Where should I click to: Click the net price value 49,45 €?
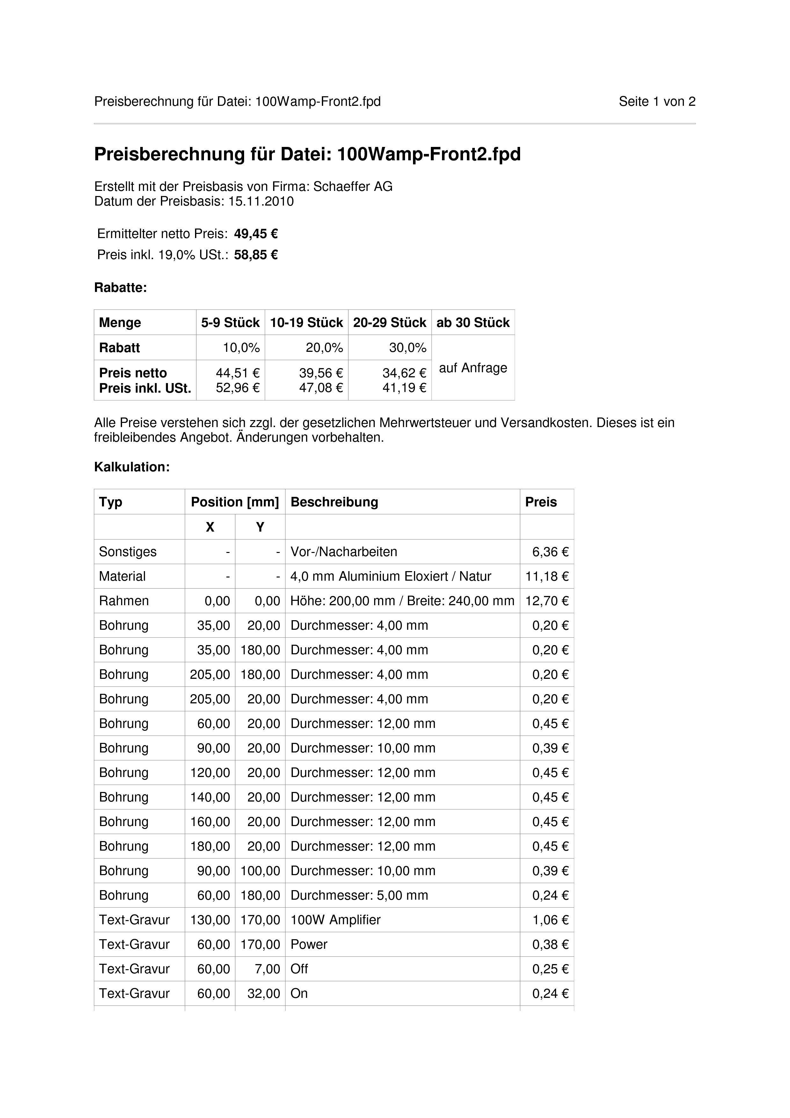tap(256, 234)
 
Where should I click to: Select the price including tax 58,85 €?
tap(256, 255)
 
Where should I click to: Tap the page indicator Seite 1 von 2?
tap(656, 102)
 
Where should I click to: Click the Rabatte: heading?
tap(120, 288)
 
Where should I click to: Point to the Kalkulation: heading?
tap(132, 468)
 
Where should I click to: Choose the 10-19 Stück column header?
tap(306, 323)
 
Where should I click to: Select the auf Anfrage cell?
tap(473, 368)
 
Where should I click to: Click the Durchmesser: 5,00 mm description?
tap(359, 896)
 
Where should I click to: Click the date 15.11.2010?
tap(261, 202)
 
